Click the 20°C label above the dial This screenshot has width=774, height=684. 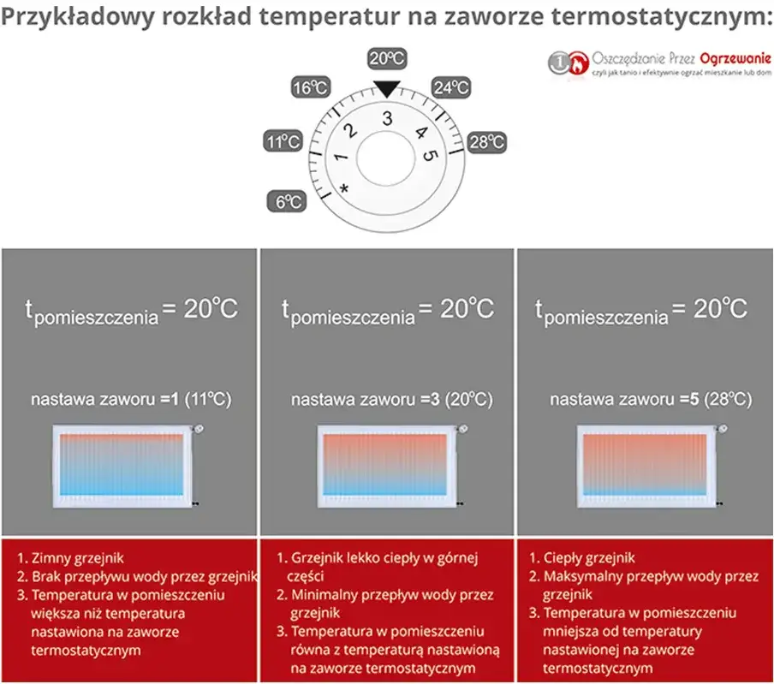pyautogui.click(x=386, y=59)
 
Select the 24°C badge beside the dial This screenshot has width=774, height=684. pyautogui.click(x=450, y=87)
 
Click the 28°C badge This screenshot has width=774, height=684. pyautogui.click(x=487, y=142)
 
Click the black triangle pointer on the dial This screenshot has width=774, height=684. pyautogui.click(x=387, y=86)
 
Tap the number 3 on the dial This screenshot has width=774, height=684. pyautogui.click(x=387, y=118)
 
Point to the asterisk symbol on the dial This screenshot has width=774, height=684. pyautogui.click(x=344, y=187)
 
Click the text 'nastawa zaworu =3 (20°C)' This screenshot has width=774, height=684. pyautogui.click(x=391, y=399)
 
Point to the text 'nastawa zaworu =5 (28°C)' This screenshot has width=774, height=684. pyautogui.click(x=651, y=399)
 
